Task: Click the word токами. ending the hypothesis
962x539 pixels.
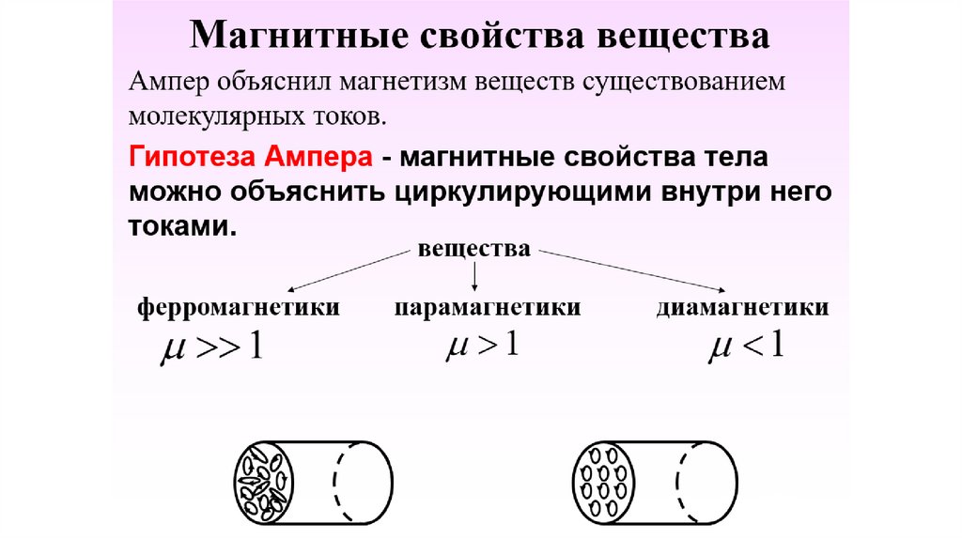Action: pyautogui.click(x=179, y=227)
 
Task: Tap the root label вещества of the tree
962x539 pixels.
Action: pyautogui.click(x=474, y=251)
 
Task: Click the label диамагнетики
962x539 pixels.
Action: pyautogui.click(x=742, y=308)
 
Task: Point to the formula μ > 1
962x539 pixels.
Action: pyautogui.click(x=480, y=345)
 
